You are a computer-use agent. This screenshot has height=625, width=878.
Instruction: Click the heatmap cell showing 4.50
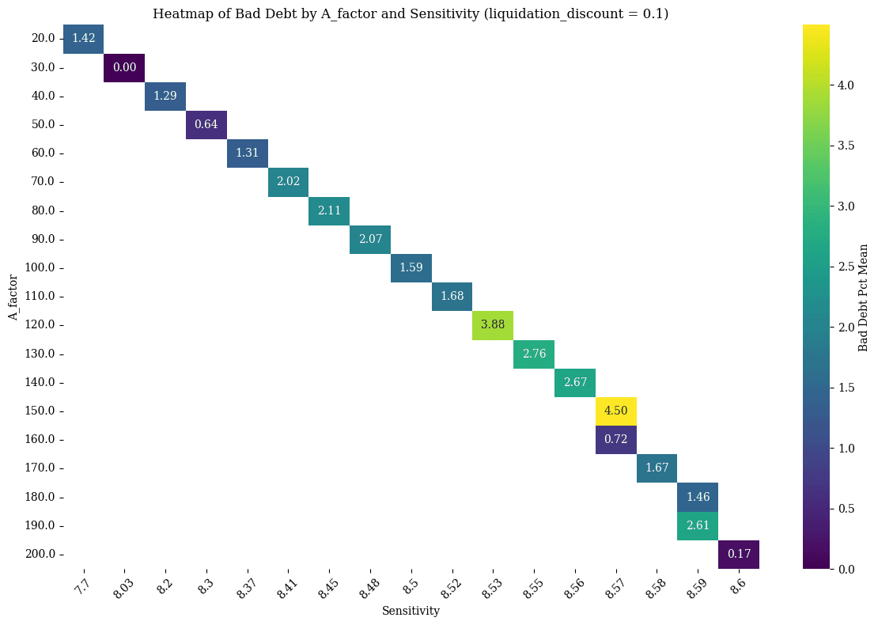(x=616, y=411)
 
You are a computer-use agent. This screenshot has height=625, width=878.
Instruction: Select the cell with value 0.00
(x=124, y=67)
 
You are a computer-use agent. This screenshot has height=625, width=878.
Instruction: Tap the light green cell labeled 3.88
(x=493, y=325)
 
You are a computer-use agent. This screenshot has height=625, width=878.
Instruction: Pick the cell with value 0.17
(x=739, y=554)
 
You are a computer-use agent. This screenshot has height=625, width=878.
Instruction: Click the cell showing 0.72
(x=616, y=440)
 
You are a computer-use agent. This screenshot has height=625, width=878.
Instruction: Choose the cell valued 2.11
(x=329, y=210)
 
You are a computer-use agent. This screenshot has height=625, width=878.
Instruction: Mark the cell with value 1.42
(x=83, y=38)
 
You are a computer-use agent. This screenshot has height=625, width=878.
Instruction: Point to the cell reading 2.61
(x=698, y=525)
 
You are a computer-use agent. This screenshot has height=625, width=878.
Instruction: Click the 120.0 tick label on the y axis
(x=40, y=325)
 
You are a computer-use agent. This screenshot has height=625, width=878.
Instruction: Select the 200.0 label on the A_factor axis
(x=40, y=554)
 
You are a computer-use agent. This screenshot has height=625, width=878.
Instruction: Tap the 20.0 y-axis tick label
(x=42, y=38)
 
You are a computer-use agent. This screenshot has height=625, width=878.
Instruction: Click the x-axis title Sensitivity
(x=411, y=611)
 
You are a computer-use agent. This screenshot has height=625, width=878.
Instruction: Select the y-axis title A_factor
(x=13, y=297)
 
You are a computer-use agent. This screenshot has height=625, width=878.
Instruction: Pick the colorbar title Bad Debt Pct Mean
(x=863, y=297)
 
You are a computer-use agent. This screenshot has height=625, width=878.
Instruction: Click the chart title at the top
(x=411, y=13)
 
